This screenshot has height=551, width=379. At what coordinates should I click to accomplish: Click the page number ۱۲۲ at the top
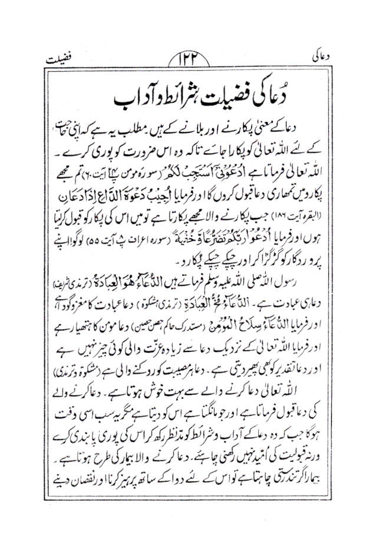tap(189, 61)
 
